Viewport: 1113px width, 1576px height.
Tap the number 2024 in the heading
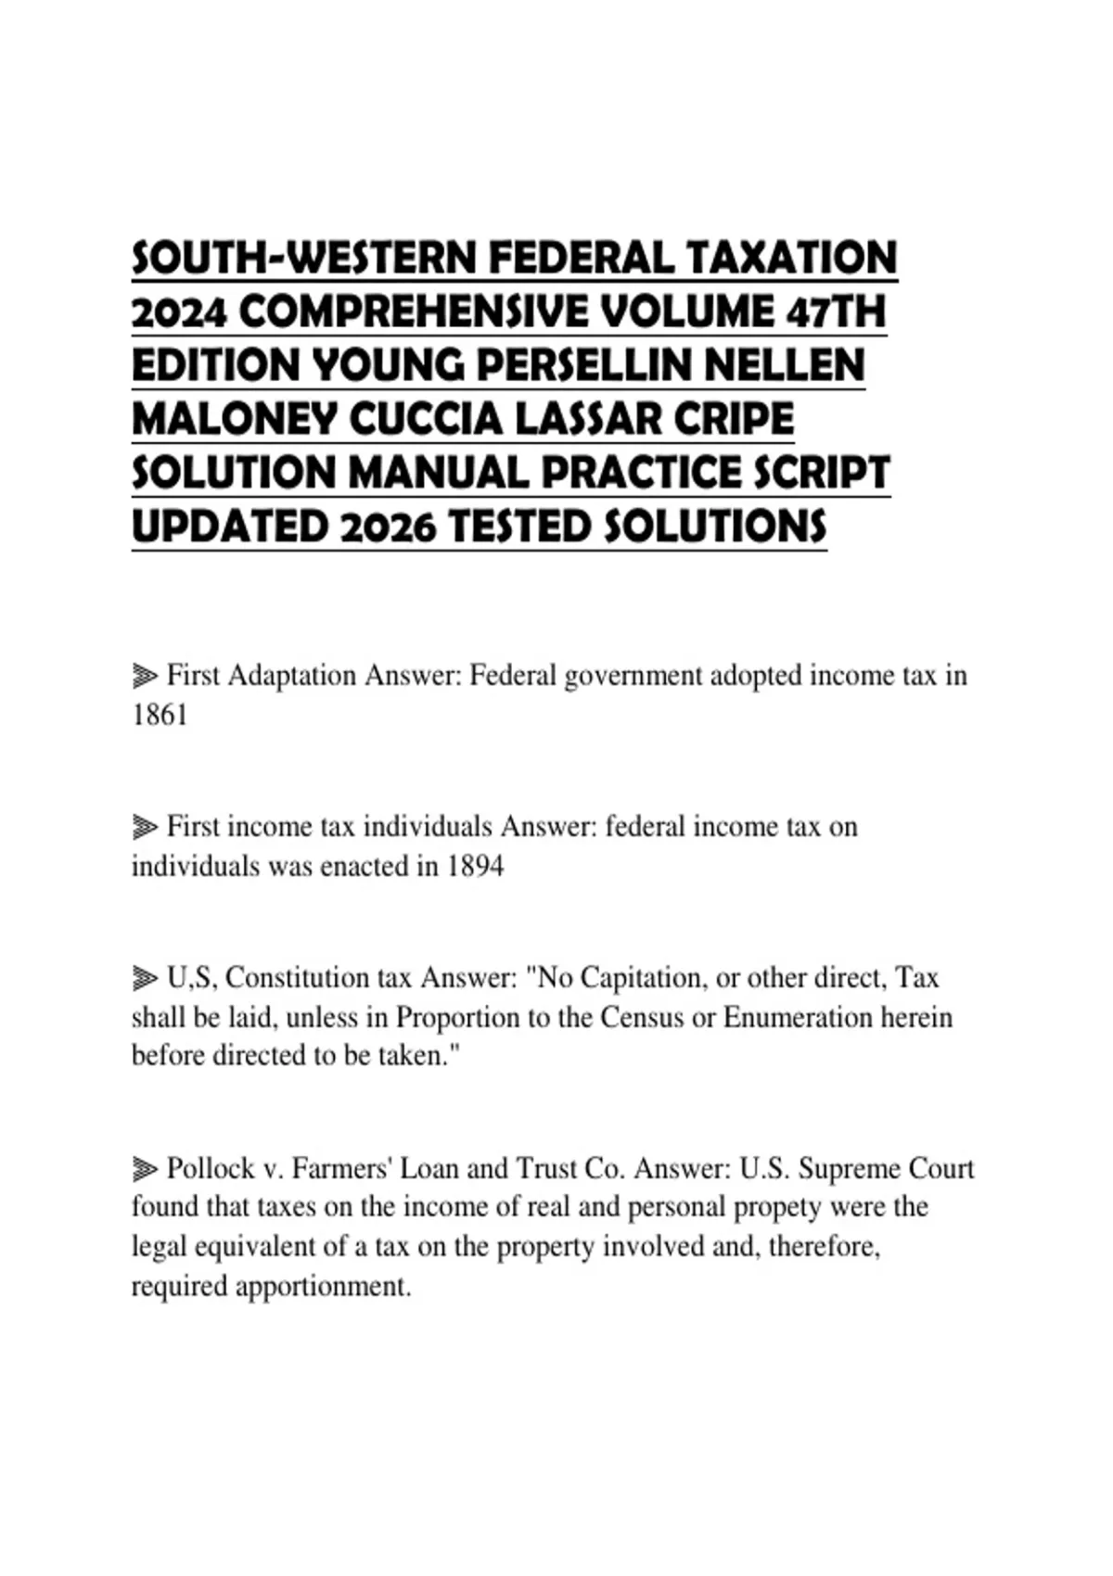pos(179,312)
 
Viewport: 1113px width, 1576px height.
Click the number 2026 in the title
pos(388,527)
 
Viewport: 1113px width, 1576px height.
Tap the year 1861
pos(160,715)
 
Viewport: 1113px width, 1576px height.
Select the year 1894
pos(475,866)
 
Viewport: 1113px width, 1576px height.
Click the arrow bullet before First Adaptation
pos(145,676)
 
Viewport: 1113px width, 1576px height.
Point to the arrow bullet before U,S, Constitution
pos(145,978)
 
